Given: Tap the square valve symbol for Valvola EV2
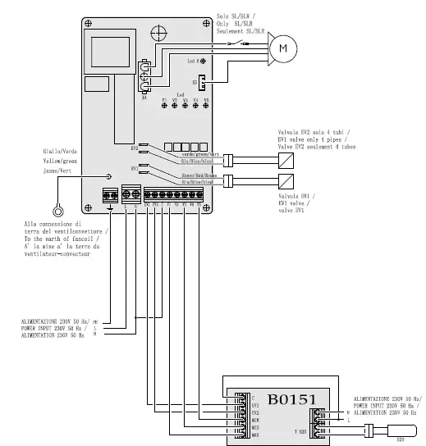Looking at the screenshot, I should click(285, 158).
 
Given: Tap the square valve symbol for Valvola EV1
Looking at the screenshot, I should click(285, 181).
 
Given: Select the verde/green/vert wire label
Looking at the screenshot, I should click(199, 154).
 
